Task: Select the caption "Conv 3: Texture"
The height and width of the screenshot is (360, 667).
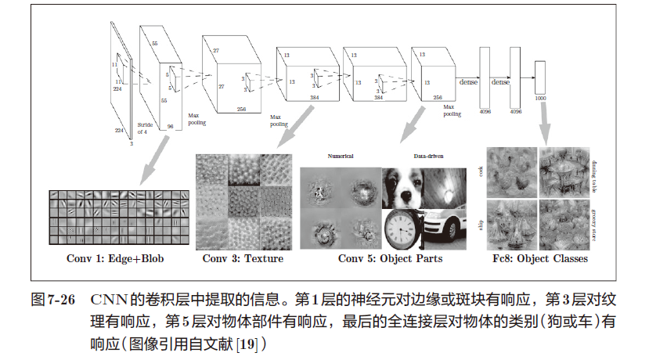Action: [243, 259]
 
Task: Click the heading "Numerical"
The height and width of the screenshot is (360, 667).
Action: [341, 157]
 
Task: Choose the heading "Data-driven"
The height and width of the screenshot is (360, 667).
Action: [425, 157]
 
